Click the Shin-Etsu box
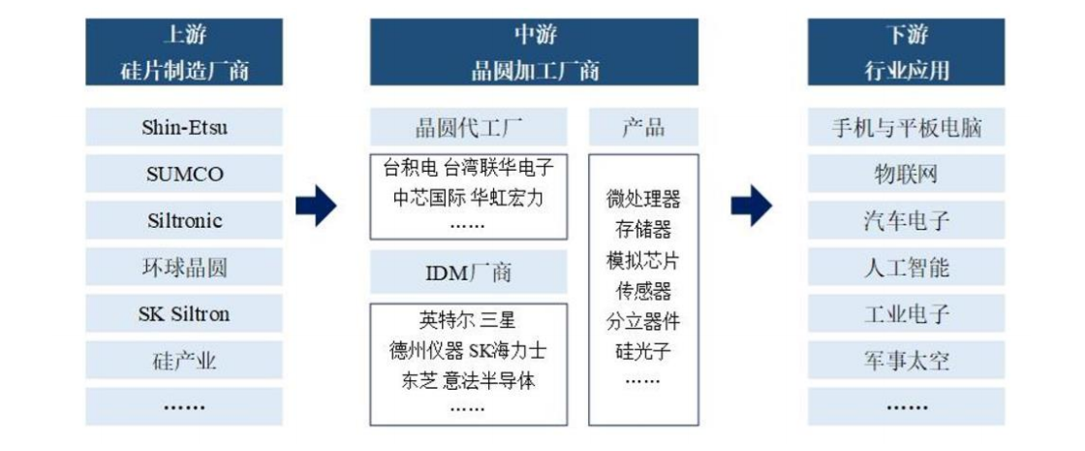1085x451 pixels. [184, 127]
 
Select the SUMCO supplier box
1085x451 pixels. [184, 174]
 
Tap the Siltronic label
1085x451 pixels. [184, 220]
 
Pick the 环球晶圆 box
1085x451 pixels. [184, 267]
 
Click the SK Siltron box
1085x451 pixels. [184, 313]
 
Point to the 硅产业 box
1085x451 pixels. [184, 361]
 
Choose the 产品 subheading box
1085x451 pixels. [643, 127]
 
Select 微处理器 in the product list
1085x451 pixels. [643, 200]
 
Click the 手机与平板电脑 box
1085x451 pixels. [907, 127]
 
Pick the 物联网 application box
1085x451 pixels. [907, 174]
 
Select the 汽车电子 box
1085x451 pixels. [907, 220]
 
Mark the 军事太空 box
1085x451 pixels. [907, 361]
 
